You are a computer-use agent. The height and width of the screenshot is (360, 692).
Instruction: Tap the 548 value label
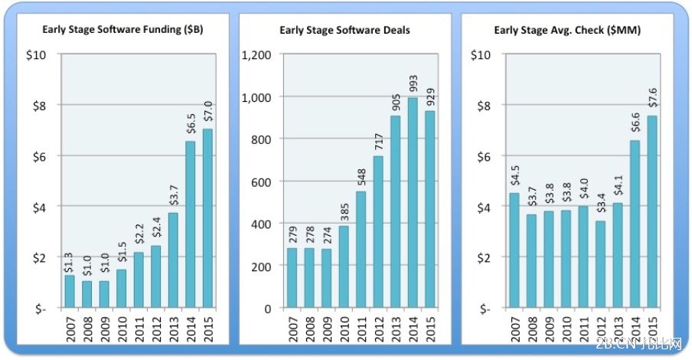361,176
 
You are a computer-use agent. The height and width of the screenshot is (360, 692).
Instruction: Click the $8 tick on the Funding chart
37,106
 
